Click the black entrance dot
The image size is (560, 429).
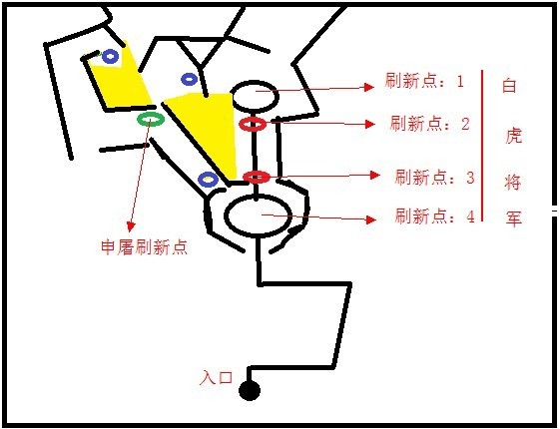coord(250,390)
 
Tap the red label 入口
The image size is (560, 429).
coord(216,377)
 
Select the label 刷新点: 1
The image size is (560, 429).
coord(424,81)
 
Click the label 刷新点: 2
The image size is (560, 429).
coord(429,124)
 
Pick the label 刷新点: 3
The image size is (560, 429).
coord(434,177)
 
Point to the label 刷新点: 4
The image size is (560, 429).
coord(434,215)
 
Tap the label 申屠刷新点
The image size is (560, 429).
coord(144,246)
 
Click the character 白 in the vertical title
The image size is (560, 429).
coord(509,86)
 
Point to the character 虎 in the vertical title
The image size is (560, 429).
coord(513,135)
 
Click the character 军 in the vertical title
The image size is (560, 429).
coord(513,217)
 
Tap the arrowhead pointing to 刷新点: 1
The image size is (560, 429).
coord(369,87)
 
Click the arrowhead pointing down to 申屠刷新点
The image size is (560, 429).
coord(131,226)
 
